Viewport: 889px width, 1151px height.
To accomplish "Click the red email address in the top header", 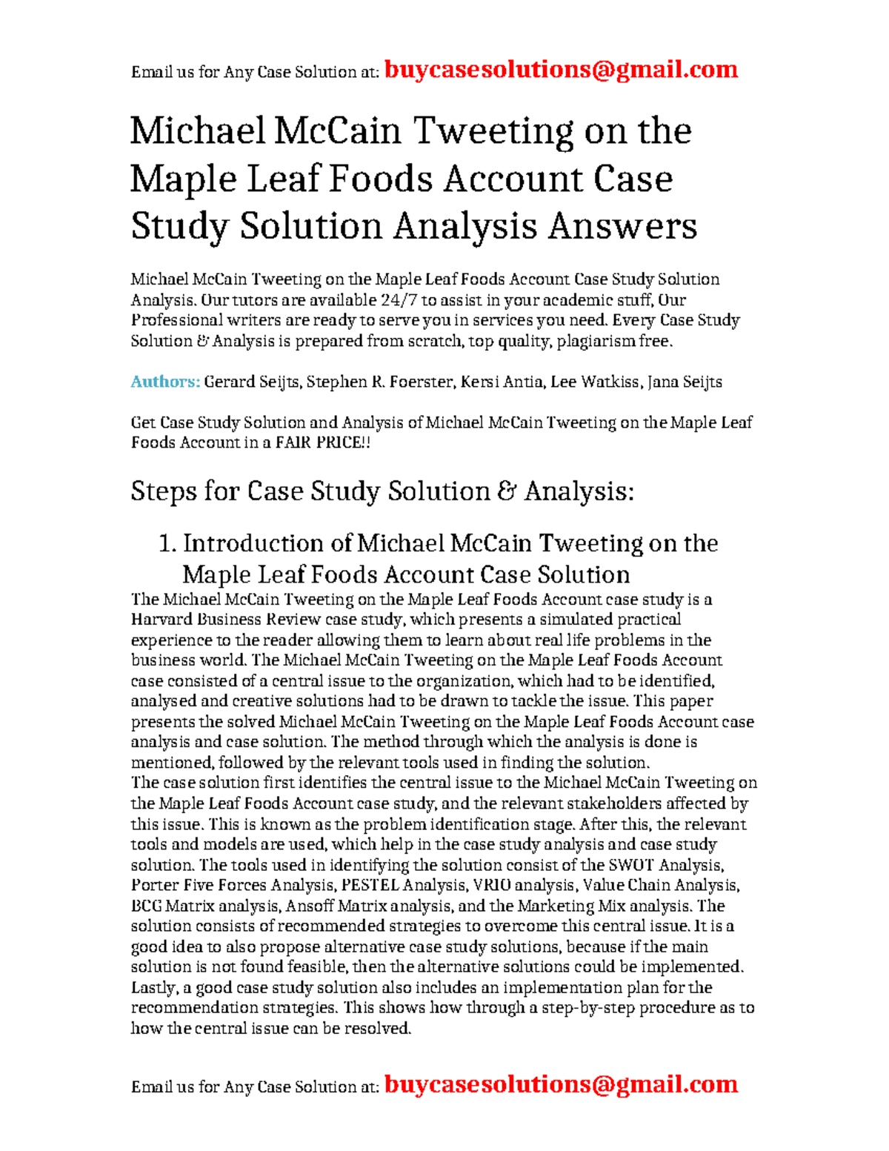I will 562,70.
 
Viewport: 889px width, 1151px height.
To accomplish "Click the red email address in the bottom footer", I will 562,1084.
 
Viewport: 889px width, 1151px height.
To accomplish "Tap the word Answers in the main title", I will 622,226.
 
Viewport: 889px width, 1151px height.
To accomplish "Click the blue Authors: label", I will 165,382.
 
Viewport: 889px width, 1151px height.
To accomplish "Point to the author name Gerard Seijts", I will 252,382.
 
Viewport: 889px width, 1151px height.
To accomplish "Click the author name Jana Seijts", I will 685,382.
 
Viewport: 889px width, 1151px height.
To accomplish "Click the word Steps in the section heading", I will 163,491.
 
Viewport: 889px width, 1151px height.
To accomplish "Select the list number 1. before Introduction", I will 167,543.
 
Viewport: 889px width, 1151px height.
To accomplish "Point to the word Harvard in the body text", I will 159,620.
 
